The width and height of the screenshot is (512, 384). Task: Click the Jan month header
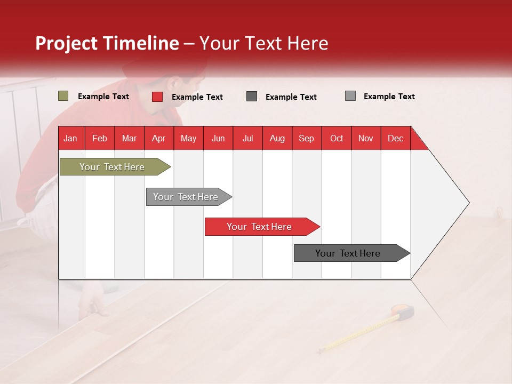(70, 138)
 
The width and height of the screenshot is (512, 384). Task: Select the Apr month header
(159, 138)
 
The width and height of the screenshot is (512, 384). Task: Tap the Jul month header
(247, 138)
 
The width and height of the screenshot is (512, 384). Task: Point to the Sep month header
(306, 138)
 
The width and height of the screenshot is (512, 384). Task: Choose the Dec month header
(395, 138)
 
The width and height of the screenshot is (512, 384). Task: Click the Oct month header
(337, 138)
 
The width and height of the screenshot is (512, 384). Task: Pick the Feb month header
(100, 138)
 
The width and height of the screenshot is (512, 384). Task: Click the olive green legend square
(63, 96)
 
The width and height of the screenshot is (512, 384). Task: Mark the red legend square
(157, 97)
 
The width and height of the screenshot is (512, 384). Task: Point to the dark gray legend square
(252, 97)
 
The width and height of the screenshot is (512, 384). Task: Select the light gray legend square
(350, 96)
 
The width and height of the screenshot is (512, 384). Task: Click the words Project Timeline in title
(107, 43)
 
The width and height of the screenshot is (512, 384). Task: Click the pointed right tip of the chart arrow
(468, 203)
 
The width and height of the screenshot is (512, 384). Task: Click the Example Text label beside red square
(197, 97)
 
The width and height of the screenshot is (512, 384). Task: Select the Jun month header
(218, 138)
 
